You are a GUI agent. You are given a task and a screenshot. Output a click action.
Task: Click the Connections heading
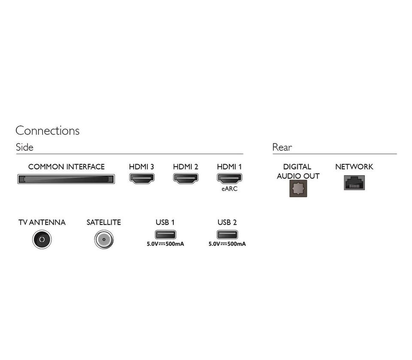(x=47, y=131)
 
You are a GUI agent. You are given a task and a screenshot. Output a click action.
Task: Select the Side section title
(x=24, y=147)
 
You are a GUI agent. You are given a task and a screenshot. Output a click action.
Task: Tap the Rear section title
(x=282, y=147)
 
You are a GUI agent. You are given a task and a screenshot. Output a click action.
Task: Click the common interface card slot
(x=66, y=179)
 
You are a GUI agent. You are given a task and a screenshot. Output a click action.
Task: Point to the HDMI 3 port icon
(x=142, y=179)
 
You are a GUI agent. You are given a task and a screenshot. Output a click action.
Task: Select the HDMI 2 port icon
(x=185, y=179)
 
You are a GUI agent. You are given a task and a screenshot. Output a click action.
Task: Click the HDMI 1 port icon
(x=229, y=179)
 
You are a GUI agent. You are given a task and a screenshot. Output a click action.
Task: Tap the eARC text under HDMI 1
(x=229, y=189)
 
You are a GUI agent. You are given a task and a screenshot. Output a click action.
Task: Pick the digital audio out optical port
(x=298, y=188)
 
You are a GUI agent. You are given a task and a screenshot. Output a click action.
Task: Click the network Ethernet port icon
(x=354, y=183)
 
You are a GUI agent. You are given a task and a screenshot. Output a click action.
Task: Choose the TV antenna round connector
(x=42, y=239)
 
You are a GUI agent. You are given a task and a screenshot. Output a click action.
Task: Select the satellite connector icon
(x=104, y=239)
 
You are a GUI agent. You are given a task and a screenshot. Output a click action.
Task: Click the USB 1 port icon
(x=165, y=234)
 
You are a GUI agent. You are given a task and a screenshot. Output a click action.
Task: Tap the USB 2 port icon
(x=227, y=234)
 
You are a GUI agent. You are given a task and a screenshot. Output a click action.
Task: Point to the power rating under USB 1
(x=165, y=244)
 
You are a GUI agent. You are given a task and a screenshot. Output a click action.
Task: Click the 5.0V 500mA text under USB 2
(x=227, y=244)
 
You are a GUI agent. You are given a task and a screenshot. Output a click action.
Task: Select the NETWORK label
(x=354, y=167)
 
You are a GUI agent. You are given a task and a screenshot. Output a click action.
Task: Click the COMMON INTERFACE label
(x=66, y=167)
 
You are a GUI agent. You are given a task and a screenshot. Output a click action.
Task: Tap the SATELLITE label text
(x=104, y=223)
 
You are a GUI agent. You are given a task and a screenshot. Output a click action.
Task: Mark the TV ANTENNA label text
(x=42, y=223)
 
